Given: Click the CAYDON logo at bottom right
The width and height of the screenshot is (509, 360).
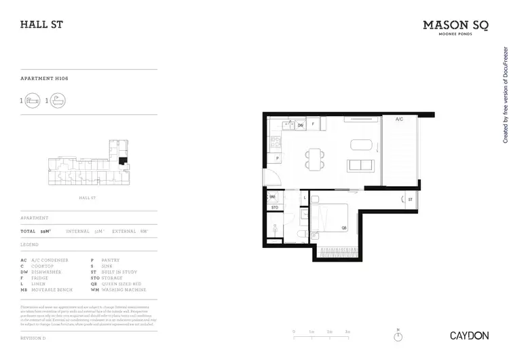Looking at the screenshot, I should pyautogui.click(x=467, y=335).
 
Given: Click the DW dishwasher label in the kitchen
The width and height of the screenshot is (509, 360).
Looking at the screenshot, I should pyautogui.click(x=300, y=125).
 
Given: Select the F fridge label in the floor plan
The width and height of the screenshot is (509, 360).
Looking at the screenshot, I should pyautogui.click(x=314, y=124).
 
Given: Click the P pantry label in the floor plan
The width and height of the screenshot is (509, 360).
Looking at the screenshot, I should pyautogui.click(x=277, y=158).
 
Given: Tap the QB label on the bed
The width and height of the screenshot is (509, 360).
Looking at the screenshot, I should pyautogui.click(x=344, y=228).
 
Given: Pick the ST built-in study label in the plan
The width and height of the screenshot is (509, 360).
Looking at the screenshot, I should pyautogui.click(x=411, y=199).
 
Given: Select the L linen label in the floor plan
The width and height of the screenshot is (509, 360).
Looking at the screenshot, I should pyautogui.click(x=305, y=198).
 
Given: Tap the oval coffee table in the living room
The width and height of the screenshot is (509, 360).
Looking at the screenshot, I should pyautogui.click(x=361, y=144).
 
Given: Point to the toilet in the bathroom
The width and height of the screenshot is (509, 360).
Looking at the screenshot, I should pyautogui.click(x=300, y=234).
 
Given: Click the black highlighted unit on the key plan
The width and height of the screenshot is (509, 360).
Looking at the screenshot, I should pyautogui.click(x=123, y=161).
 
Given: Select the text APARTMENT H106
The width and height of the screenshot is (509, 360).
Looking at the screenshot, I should pyautogui.click(x=45, y=79).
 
